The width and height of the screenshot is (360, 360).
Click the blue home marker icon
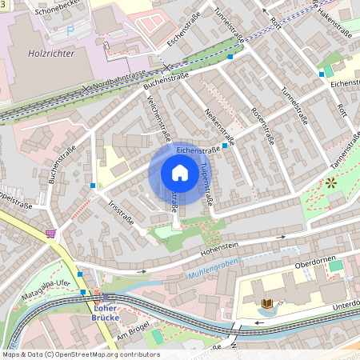[x=180, y=173]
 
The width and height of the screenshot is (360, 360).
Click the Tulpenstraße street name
[x=206, y=182]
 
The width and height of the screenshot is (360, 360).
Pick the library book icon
[x=267, y=303]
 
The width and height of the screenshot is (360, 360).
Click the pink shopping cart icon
[x=50, y=234]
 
